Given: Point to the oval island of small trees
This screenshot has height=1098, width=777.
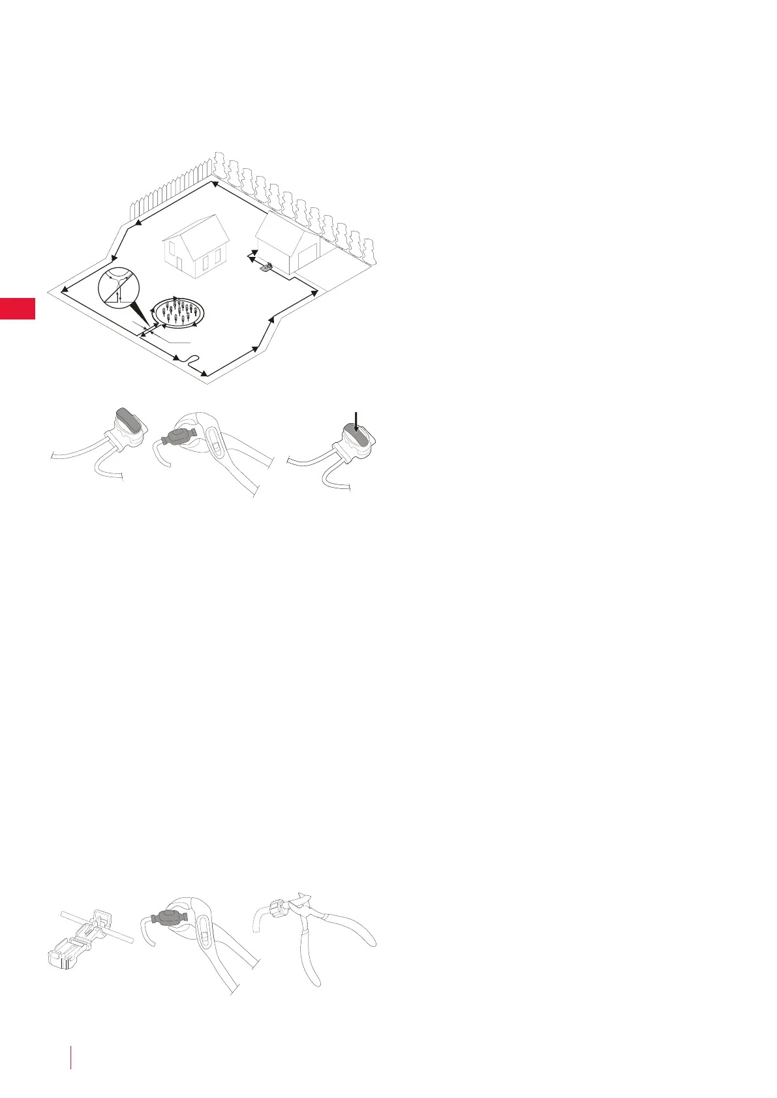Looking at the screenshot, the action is [177, 312].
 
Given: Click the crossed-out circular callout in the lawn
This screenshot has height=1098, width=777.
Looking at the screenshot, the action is [121, 289].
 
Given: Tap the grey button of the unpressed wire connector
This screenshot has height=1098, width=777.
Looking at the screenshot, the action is [129, 419].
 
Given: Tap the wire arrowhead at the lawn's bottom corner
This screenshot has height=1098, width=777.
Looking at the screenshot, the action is [204, 373].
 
